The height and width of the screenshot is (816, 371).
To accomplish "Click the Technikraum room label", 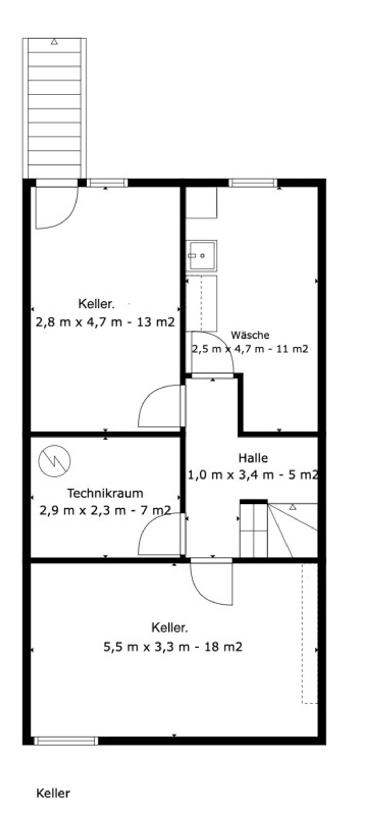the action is (x=105, y=493).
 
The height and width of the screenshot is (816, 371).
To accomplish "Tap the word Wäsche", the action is (x=250, y=335).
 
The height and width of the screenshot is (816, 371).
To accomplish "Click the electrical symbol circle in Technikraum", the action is (x=54, y=461).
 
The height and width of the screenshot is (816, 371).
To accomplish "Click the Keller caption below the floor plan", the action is (x=53, y=793).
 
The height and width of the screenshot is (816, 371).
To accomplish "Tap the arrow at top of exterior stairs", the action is (x=54, y=42).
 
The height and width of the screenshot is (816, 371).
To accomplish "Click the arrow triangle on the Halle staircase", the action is (x=293, y=507).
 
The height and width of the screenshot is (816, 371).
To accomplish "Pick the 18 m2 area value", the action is (x=223, y=646).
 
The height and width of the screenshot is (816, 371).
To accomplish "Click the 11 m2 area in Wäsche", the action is (x=292, y=349).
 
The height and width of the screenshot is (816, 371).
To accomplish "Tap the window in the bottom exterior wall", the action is (x=66, y=741).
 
